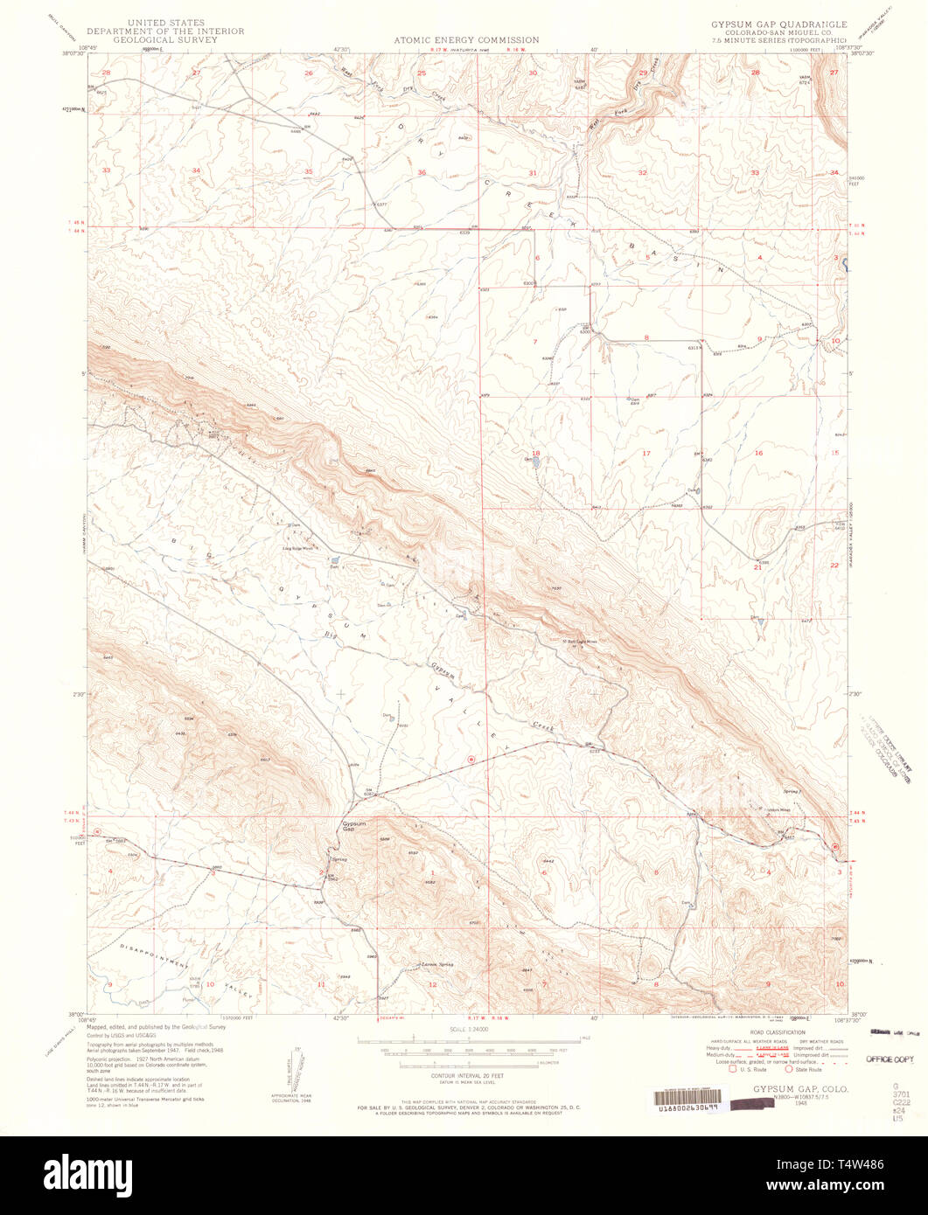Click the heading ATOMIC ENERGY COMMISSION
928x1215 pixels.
click(466, 40)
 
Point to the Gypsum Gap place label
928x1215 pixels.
click(354, 826)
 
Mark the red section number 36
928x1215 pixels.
click(422, 172)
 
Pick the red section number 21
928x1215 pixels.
click(758, 567)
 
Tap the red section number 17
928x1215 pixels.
click(646, 453)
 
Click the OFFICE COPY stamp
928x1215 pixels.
click(889, 1059)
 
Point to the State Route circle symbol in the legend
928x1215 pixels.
click(789, 1069)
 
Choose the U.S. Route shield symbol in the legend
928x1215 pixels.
click(733, 1069)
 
